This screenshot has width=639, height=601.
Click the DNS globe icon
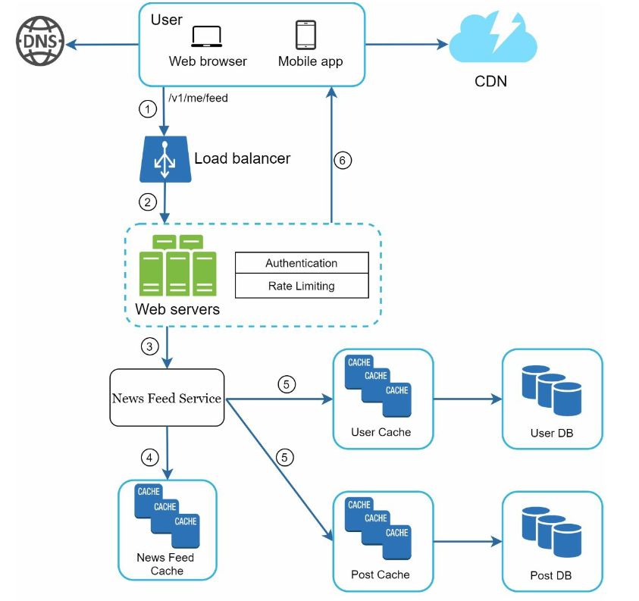pos(40,41)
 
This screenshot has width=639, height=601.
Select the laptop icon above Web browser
pos(207,36)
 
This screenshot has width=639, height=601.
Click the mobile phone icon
pos(305,35)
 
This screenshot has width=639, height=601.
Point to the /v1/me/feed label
pos(198,98)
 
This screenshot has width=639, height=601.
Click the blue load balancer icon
pos(165,159)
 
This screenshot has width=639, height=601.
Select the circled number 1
pos(148,109)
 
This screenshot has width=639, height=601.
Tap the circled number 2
pos(148,202)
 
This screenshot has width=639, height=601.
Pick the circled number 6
pos(343,160)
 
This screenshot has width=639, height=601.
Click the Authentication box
pos(302,263)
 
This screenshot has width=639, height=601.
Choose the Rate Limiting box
pos(302,286)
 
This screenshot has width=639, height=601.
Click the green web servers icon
pos(177,265)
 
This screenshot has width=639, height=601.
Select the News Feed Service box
pos(167,398)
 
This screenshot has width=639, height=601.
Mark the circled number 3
pos(149,346)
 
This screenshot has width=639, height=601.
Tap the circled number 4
pos(149,458)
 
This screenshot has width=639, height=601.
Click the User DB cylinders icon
pos(552,390)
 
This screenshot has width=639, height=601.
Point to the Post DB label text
pos(551,575)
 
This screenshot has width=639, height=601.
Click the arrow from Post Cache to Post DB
pos(468,542)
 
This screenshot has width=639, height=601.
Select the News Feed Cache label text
pos(165,564)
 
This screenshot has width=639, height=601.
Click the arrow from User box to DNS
pos(102,44)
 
